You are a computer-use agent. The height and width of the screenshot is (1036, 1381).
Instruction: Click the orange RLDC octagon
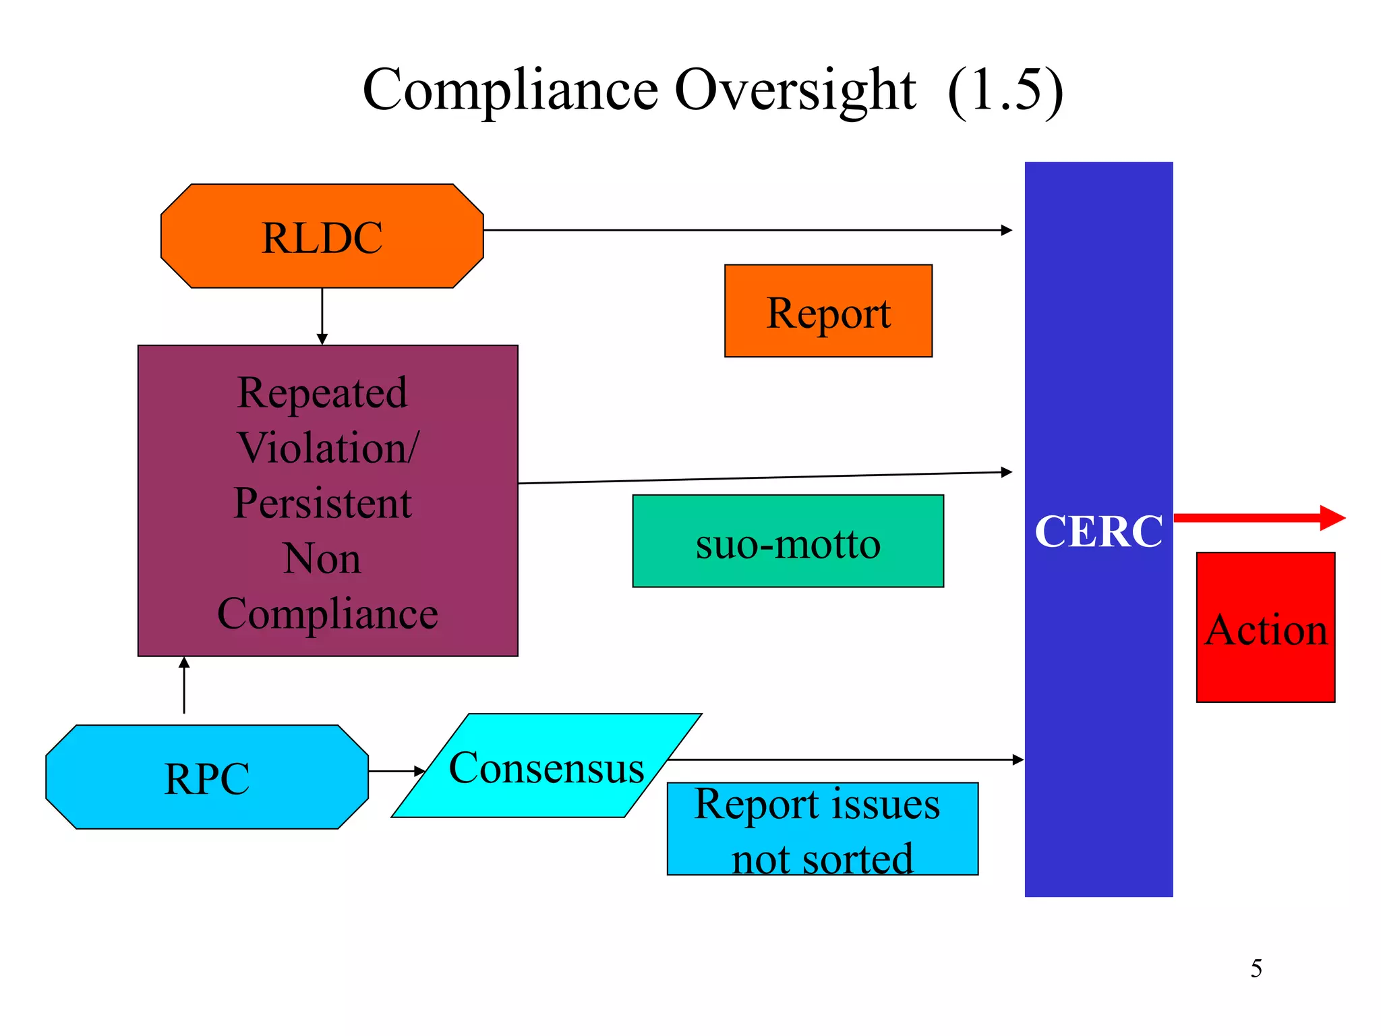[x=322, y=236]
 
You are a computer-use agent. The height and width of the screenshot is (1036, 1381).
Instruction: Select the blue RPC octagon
[x=206, y=777]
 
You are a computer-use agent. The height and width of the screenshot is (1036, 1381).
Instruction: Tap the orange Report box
[x=828, y=311]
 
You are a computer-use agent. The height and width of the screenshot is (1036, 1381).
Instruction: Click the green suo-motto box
[x=788, y=542]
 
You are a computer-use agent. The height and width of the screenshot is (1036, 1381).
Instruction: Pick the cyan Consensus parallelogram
[x=546, y=766]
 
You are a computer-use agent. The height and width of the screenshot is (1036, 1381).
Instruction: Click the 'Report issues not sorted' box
[x=822, y=829]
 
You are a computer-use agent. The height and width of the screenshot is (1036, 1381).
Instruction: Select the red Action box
[x=1265, y=627]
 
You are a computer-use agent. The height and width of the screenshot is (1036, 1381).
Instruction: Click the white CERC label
[x=1098, y=531]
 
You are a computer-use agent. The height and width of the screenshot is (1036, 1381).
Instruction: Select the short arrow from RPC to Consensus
[x=396, y=770]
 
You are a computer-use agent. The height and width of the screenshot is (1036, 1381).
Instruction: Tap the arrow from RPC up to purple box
[x=184, y=685]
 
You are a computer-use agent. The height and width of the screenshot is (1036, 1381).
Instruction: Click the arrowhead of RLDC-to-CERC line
[x=1007, y=230]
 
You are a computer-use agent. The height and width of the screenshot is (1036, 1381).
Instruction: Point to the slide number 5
[x=1256, y=969]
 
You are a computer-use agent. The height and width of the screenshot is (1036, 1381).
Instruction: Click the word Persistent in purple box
[x=322, y=504]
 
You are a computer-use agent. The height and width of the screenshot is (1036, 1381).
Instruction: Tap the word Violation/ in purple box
[x=328, y=448]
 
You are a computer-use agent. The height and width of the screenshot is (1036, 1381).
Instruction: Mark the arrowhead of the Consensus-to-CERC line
[x=1018, y=759]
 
